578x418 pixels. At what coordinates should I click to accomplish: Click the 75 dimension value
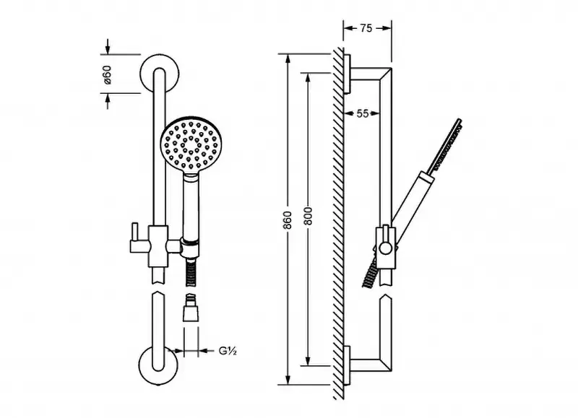click(366, 28)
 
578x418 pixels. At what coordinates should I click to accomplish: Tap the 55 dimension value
click(363, 113)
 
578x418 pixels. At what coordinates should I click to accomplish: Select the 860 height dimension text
click(288, 220)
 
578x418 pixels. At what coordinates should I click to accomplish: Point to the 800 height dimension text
click(309, 216)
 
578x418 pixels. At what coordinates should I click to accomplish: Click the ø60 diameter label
click(106, 74)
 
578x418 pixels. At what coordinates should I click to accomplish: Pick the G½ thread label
click(228, 351)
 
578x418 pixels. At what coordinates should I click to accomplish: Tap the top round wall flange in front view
click(160, 74)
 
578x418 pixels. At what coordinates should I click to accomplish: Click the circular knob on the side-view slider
click(385, 248)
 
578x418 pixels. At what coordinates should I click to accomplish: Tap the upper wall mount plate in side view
click(347, 74)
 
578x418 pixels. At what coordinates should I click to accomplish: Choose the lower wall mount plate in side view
click(347, 366)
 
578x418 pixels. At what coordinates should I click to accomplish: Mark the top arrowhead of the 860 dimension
click(288, 59)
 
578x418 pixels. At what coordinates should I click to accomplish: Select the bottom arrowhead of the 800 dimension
click(309, 361)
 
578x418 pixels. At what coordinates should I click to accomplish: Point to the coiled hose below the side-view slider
click(371, 272)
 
